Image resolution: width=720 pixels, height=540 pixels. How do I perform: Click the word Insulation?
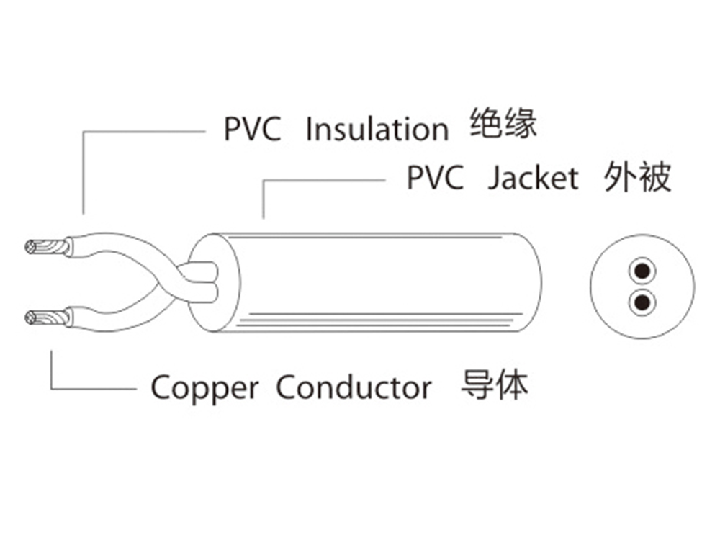377,130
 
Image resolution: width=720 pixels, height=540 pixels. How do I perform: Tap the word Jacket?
533,178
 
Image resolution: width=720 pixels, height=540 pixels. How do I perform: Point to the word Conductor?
354,387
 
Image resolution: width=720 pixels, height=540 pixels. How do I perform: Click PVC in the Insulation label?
252,130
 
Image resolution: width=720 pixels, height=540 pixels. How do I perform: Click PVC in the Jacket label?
435,178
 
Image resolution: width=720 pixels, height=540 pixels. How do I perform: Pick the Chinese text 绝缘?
503,125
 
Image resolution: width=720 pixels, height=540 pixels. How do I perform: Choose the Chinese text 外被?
638,177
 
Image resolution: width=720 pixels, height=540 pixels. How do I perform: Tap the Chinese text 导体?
494,386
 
